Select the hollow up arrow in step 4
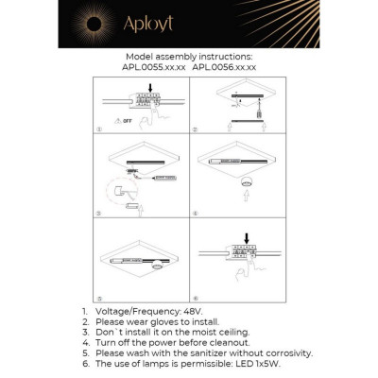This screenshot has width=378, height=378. coord(249,199)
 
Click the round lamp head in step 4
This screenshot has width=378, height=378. coord(249,183)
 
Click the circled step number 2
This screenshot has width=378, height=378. coord(195,128)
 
